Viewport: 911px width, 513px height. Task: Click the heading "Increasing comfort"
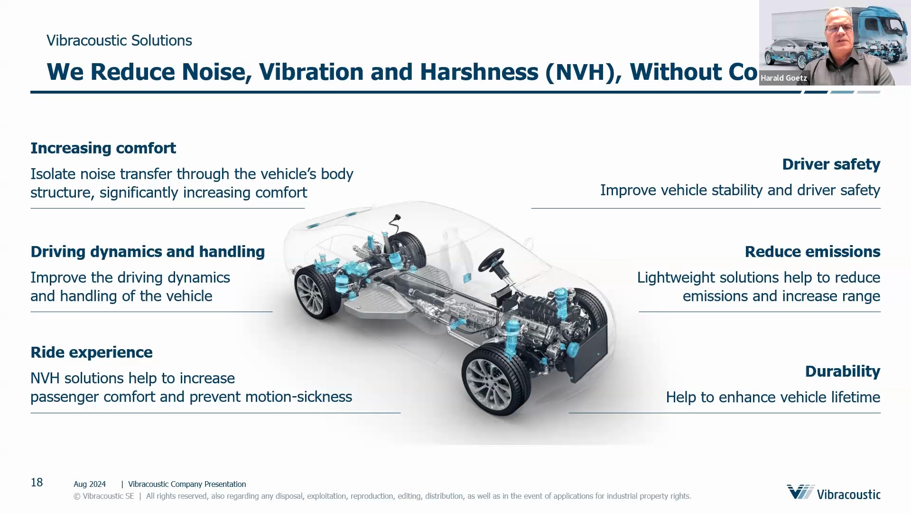pyautogui.click(x=103, y=148)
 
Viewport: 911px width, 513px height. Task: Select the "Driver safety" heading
pyautogui.click(x=831, y=164)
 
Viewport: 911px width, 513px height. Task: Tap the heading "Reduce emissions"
pyautogui.click(x=812, y=252)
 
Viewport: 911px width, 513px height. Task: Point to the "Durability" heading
pyautogui.click(x=842, y=371)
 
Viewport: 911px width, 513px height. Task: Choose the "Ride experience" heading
pyautogui.click(x=92, y=352)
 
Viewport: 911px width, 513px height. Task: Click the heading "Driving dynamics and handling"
pyautogui.click(x=148, y=252)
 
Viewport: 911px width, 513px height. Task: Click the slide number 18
pyautogui.click(x=37, y=483)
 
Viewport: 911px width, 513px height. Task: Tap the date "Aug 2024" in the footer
pyautogui.click(x=90, y=484)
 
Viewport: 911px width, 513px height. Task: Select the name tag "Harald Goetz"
pyautogui.click(x=783, y=78)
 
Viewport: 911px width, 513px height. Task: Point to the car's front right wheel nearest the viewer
pyautogui.click(x=496, y=380)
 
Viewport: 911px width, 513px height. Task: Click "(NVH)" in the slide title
pyautogui.click(x=583, y=72)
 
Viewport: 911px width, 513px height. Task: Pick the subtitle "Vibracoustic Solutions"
pyautogui.click(x=119, y=41)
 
